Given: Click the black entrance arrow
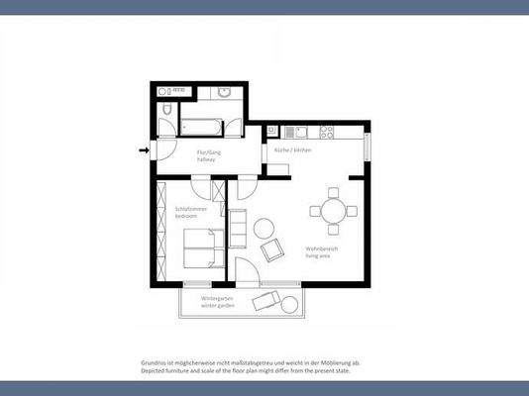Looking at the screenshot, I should pos(144,150).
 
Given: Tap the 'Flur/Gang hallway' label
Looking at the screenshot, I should pos(206,155).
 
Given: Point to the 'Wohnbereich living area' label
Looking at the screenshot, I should pos(321,251).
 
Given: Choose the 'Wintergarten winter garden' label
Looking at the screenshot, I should pos(217,300).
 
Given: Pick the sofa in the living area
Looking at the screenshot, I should pos(238,227).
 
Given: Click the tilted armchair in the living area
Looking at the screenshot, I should pos(270,251).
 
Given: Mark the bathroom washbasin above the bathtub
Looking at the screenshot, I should pos(224,94).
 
